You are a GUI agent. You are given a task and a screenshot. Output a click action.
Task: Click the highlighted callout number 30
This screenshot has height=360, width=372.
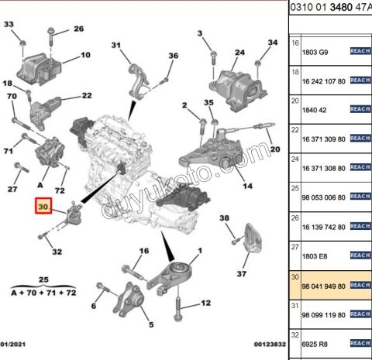click(x=43, y=207)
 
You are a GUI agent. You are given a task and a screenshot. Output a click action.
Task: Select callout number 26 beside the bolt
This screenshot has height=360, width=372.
click(x=78, y=29)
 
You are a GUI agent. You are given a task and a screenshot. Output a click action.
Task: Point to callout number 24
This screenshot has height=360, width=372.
click(x=239, y=53)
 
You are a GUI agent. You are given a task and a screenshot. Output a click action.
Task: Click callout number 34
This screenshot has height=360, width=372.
click(x=272, y=43)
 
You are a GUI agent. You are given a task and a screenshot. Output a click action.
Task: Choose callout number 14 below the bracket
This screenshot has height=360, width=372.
click(x=247, y=186)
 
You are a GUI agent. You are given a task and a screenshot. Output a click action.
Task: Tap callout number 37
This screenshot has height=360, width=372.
click(x=241, y=273)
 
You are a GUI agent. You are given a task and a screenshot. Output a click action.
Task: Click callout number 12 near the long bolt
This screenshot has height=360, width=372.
click(x=205, y=303)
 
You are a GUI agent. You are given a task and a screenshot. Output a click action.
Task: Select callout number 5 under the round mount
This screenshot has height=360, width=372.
click(x=151, y=326)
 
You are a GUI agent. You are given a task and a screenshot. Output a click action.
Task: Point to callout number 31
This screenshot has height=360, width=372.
click(x=116, y=46)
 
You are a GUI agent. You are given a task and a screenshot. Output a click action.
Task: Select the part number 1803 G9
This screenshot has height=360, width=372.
click(x=315, y=51)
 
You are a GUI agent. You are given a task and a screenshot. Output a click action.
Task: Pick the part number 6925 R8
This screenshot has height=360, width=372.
click(x=315, y=342)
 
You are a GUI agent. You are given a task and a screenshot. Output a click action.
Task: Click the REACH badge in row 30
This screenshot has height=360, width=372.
click(x=360, y=285)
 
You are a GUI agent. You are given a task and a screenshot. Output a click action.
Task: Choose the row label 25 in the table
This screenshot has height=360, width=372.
click(x=295, y=187)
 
